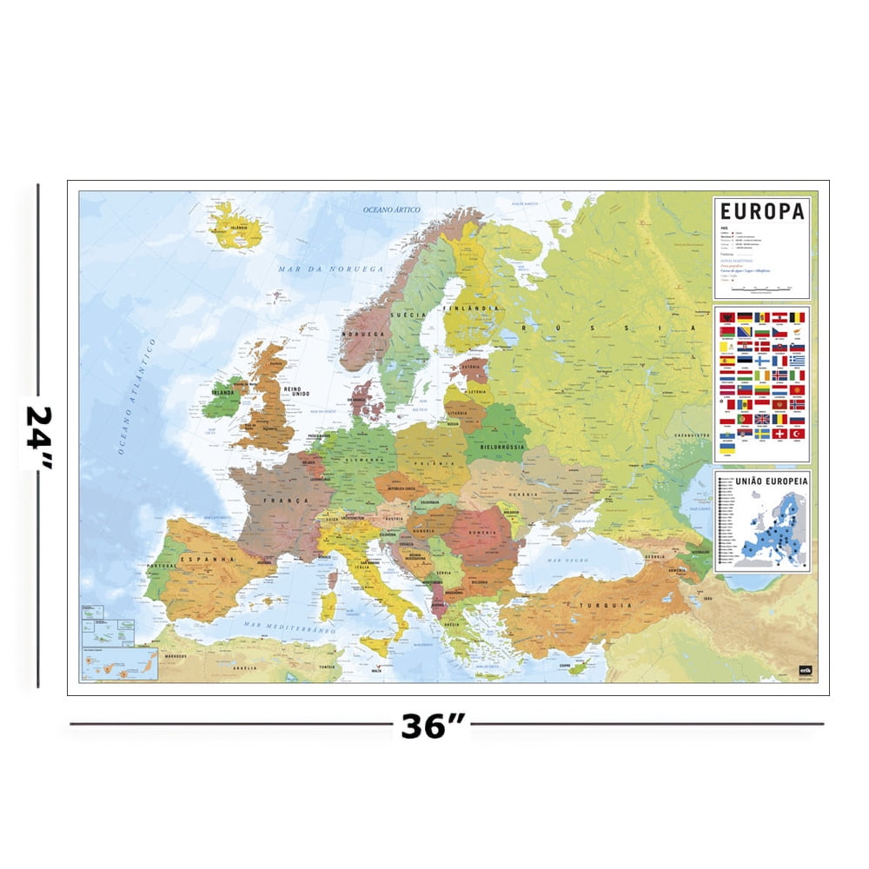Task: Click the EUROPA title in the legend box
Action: (762, 211)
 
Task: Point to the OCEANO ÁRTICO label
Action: (392, 209)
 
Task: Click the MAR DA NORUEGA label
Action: (330, 269)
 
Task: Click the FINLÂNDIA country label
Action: (469, 308)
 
